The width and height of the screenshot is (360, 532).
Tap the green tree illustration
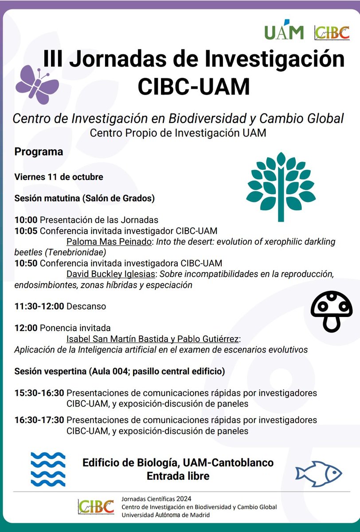pos(281,186)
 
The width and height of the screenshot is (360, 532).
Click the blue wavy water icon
pos(48,469)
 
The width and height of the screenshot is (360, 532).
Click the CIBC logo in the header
pos(332,32)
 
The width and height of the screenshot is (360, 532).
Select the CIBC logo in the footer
pos(96,507)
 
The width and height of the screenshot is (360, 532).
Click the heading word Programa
pos(39,152)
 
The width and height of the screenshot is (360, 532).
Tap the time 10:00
pos(26,219)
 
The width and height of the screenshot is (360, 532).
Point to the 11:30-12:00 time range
pos(39,306)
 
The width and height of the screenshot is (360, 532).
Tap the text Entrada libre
pos(178,477)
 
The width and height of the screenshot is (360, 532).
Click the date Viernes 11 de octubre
pos(59,176)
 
